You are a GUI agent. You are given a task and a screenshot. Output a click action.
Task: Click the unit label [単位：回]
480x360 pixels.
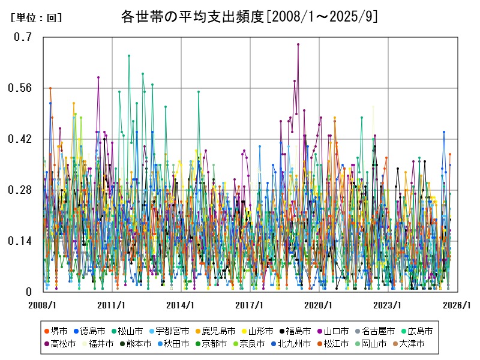point(36,18)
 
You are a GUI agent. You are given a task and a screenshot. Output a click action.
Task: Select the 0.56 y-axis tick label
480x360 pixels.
point(20,88)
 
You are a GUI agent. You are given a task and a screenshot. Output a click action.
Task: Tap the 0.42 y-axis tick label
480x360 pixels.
point(20,139)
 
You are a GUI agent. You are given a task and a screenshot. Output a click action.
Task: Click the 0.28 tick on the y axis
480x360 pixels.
point(20,190)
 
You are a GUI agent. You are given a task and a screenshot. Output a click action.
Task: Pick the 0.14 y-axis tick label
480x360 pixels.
point(20,241)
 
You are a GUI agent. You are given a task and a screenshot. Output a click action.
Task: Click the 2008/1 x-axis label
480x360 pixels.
point(43,305)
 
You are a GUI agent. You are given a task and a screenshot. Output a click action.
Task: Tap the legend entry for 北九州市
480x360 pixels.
point(294,344)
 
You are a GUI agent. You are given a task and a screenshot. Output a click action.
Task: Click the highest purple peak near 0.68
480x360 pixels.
point(298,44)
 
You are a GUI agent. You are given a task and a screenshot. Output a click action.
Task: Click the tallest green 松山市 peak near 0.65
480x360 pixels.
point(129,56)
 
